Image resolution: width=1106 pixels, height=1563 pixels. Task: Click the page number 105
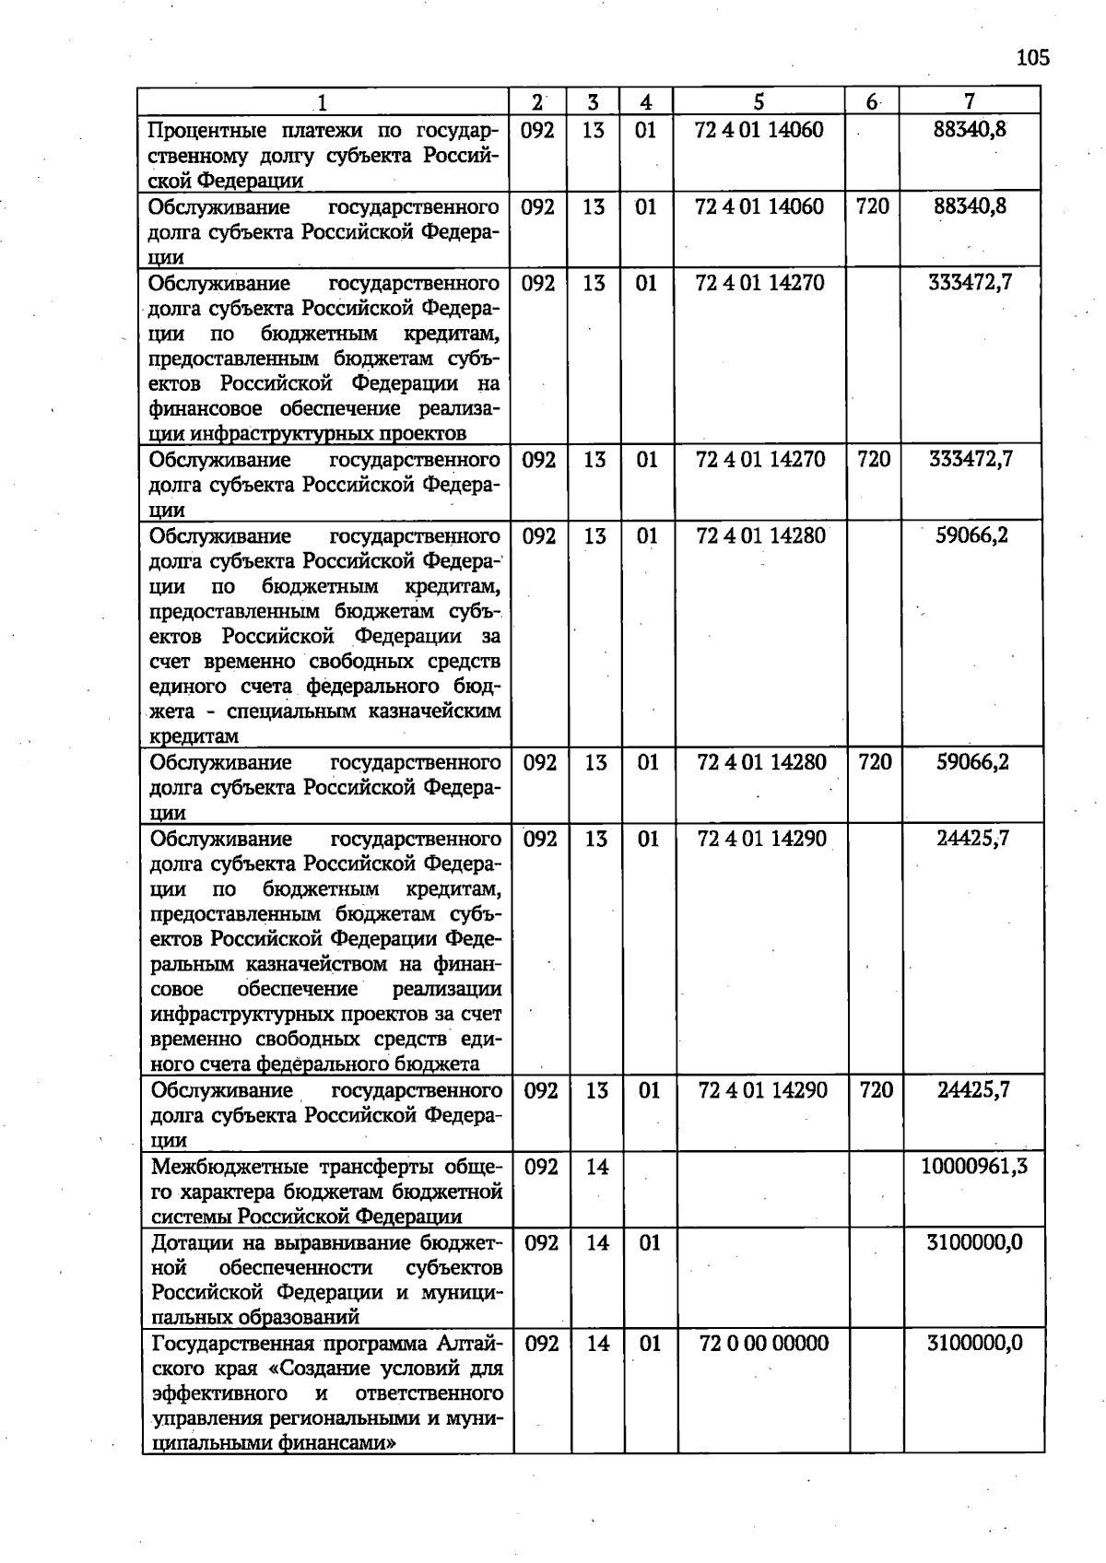click(x=1032, y=58)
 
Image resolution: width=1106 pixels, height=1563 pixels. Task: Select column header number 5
click(x=759, y=101)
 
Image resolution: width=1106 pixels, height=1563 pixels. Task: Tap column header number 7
click(x=970, y=101)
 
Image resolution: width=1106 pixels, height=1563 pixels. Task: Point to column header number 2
click(x=537, y=101)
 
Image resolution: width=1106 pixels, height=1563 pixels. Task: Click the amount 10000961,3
click(x=974, y=1167)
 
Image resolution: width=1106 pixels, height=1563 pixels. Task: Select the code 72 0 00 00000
click(x=764, y=1343)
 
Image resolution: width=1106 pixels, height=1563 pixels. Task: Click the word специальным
click(x=292, y=711)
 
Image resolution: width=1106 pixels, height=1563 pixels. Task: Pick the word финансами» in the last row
click(x=337, y=1443)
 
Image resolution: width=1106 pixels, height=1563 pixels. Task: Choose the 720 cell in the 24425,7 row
click(x=876, y=1090)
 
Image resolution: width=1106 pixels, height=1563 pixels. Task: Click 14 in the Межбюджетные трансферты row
click(x=597, y=1167)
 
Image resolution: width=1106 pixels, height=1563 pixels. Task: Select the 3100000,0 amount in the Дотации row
click(x=974, y=1243)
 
